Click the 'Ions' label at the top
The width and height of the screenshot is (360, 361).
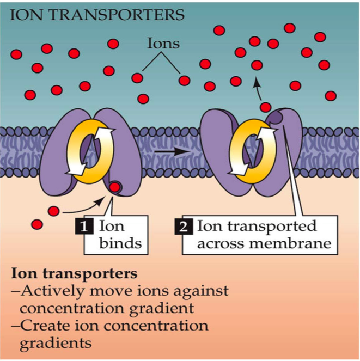[163, 44]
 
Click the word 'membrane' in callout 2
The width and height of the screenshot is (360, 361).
[297, 243]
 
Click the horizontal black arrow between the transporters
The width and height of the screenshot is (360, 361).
[168, 148]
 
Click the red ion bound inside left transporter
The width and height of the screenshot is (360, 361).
[115, 188]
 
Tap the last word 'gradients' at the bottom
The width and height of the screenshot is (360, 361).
[54, 344]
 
